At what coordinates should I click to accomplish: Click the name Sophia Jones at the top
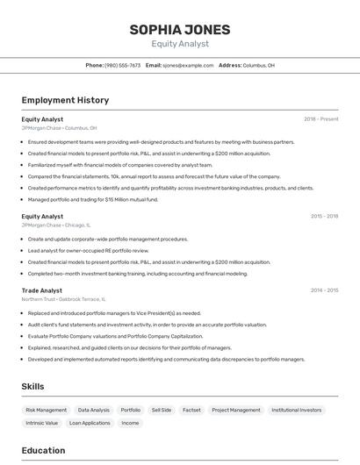180,30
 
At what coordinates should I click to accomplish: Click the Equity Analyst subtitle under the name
180,44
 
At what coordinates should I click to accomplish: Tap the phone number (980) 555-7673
122,65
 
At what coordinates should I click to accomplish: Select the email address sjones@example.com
189,65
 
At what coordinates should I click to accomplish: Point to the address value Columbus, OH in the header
258,65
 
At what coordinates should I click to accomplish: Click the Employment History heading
65,100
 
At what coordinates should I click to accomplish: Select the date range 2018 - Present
320,118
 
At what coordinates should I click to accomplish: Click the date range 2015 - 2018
324,216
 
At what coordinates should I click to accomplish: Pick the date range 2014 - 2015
324,290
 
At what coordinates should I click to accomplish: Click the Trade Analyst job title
42,290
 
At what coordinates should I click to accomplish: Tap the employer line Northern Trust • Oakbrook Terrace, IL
63,299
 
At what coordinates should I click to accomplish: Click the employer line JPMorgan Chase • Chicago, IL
59,225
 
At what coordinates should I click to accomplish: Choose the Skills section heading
32,386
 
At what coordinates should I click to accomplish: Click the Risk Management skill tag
46,410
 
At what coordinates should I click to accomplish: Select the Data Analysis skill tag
94,410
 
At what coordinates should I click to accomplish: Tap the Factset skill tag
191,410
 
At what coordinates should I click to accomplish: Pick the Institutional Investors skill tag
296,410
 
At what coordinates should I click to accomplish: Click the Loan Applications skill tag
90,423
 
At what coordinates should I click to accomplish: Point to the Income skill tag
130,423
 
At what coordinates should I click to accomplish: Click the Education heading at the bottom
43,451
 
